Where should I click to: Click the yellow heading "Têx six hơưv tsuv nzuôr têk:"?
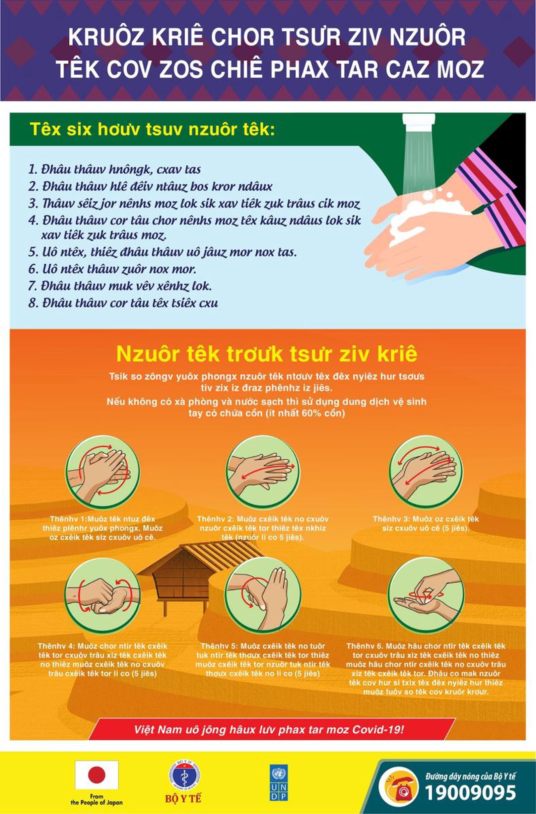[153, 130]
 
